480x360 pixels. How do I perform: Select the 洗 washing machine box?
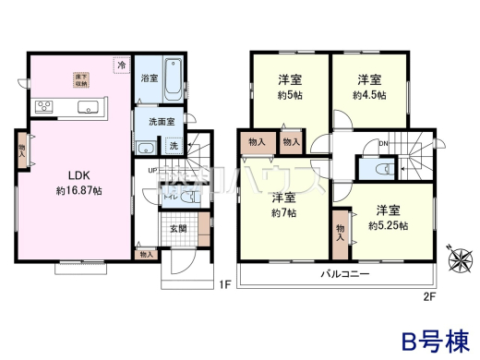tap(174, 145)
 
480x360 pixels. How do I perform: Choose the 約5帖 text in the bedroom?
tap(290, 95)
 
